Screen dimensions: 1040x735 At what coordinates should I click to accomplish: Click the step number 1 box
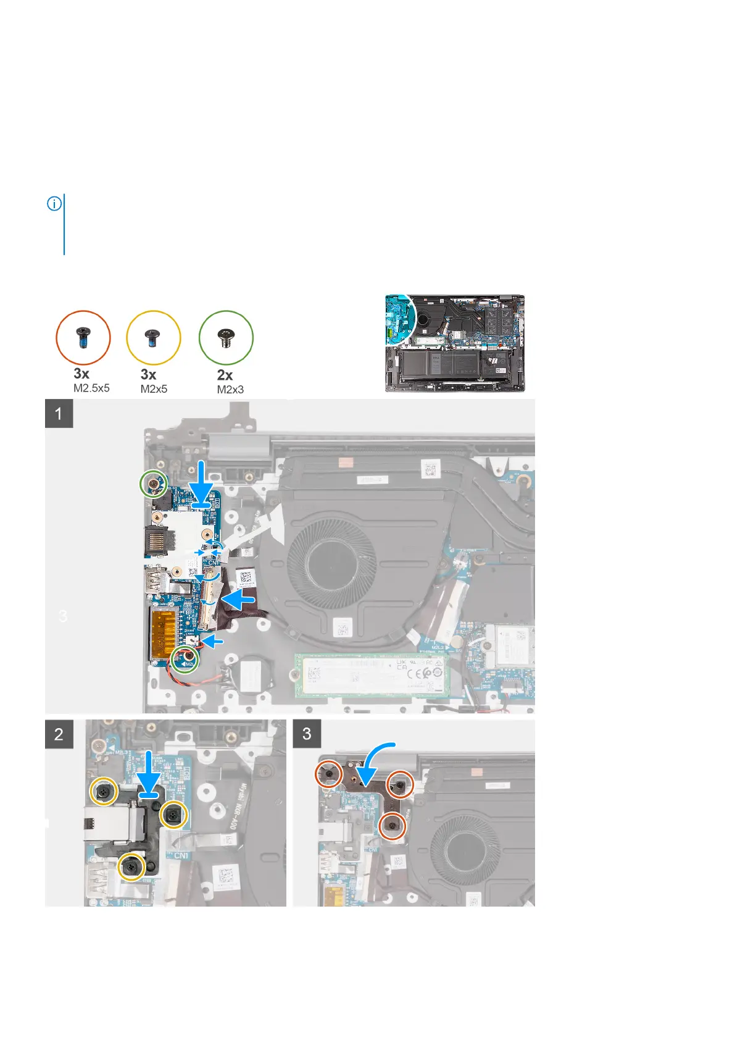[x=59, y=413]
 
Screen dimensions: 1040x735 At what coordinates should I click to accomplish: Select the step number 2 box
[x=59, y=734]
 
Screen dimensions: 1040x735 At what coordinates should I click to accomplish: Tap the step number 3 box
[x=307, y=734]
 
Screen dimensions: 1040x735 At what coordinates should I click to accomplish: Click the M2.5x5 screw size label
[x=91, y=388]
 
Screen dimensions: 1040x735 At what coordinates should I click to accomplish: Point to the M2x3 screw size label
[x=230, y=389]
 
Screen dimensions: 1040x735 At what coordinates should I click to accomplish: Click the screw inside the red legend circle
[x=83, y=338]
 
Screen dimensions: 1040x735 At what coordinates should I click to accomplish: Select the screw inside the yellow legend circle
[x=153, y=338]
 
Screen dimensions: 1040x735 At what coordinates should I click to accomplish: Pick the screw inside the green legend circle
[x=226, y=338]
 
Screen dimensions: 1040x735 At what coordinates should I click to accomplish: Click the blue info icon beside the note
[x=54, y=203]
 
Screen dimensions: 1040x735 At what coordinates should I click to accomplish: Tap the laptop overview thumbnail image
[x=455, y=343]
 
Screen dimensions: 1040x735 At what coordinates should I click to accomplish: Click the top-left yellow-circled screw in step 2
[x=104, y=790]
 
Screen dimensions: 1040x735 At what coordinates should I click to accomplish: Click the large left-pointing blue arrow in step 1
[x=244, y=599]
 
